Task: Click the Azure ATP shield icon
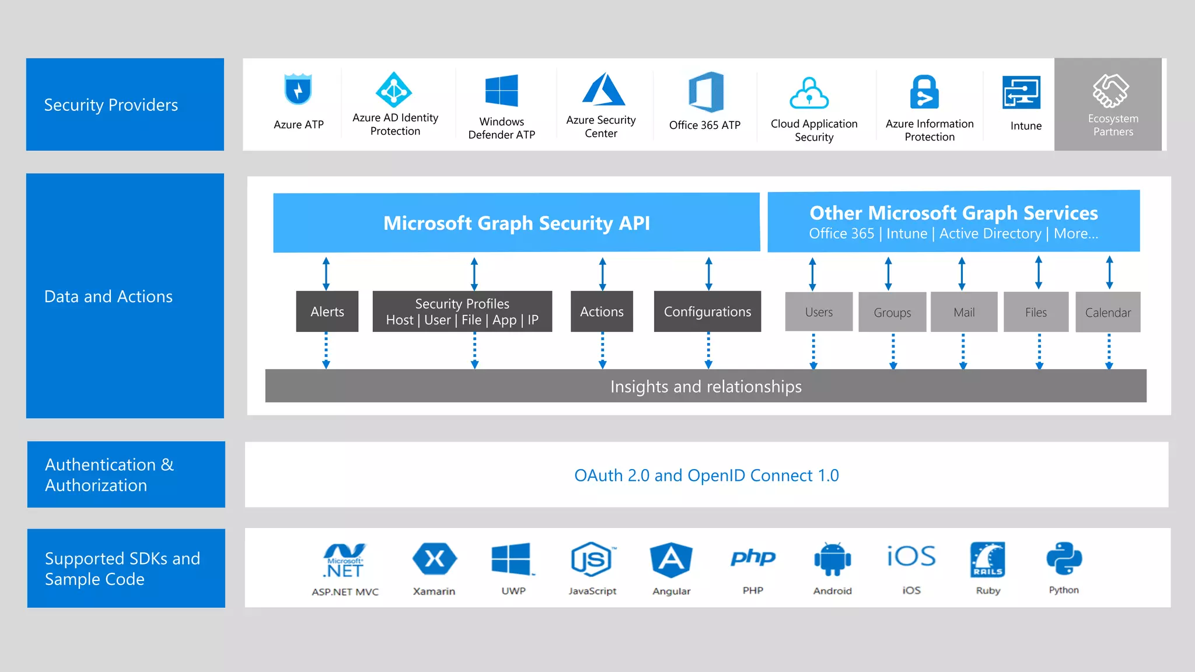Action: [298, 89]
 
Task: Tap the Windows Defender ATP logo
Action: [502, 90]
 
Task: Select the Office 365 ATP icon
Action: [705, 92]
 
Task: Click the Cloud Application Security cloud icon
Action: [809, 93]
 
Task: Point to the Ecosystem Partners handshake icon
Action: [1110, 90]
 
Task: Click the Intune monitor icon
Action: [1021, 92]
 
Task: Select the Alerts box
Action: [327, 311]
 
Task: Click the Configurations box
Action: [707, 311]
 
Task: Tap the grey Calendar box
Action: [1107, 313]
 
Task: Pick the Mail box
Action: [964, 312]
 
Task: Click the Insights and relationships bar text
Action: [705, 386]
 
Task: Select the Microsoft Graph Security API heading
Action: [516, 223]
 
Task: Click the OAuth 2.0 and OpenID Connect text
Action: [706, 475]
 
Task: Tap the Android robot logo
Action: [832, 559]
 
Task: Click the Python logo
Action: [1064, 559]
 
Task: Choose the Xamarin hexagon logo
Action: [434, 559]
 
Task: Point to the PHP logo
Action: [753, 558]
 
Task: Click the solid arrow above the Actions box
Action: [602, 274]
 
